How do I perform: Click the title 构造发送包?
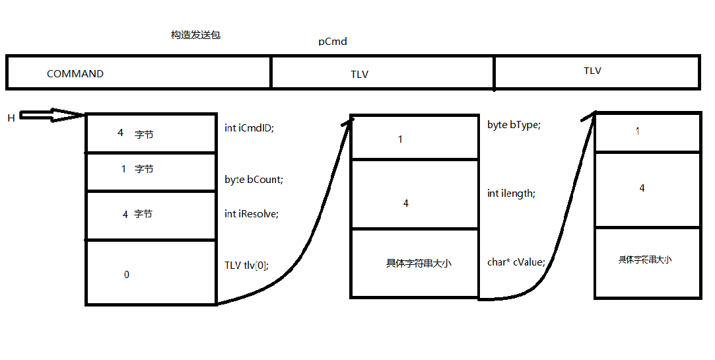click(195, 35)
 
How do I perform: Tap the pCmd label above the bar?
click(332, 42)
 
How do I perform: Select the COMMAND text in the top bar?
click(75, 74)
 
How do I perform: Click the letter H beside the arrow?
click(11, 118)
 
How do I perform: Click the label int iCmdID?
click(249, 128)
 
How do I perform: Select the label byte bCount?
click(254, 180)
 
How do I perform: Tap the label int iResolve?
click(251, 214)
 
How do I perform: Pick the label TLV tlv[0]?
click(247, 266)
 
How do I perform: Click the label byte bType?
click(514, 125)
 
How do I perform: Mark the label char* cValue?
click(516, 262)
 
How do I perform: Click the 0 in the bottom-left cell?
click(127, 274)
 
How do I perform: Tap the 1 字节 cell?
click(137, 169)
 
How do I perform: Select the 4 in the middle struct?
click(406, 203)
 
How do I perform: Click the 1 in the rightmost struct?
click(637, 131)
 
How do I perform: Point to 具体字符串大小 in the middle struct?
click(419, 263)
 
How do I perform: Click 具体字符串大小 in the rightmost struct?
click(645, 260)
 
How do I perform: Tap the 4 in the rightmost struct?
click(642, 189)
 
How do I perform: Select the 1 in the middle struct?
click(400, 139)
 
